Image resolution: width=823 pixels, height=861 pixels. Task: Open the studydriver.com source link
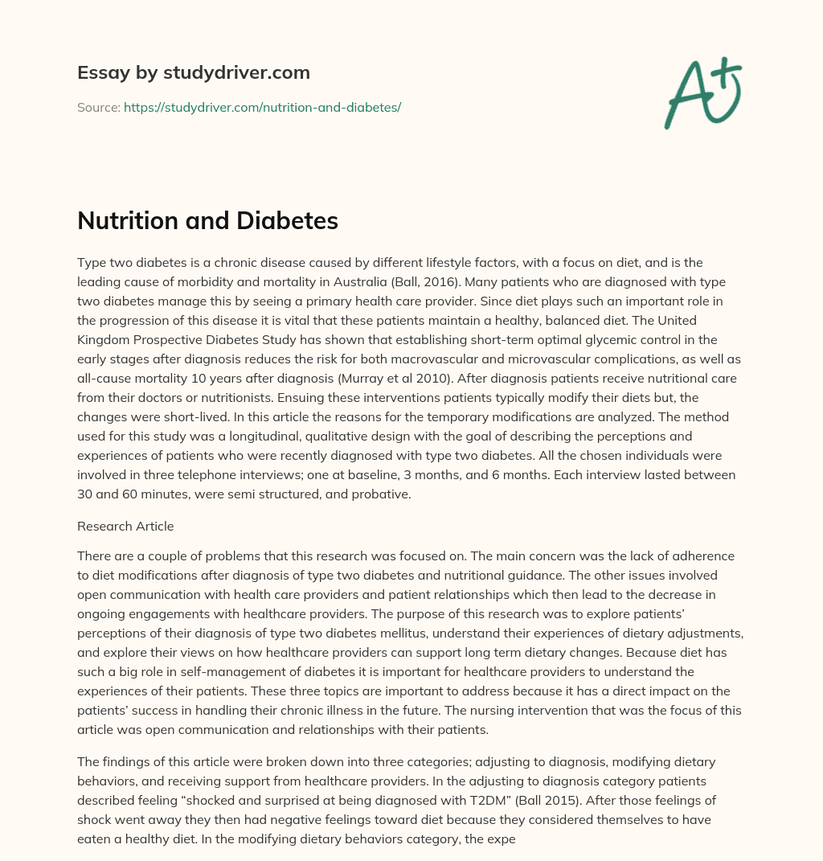tap(262, 107)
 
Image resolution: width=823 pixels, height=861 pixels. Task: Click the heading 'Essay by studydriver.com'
tap(193, 72)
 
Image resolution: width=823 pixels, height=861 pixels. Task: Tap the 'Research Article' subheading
tap(125, 527)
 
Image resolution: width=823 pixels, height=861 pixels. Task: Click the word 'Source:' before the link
tap(99, 107)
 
